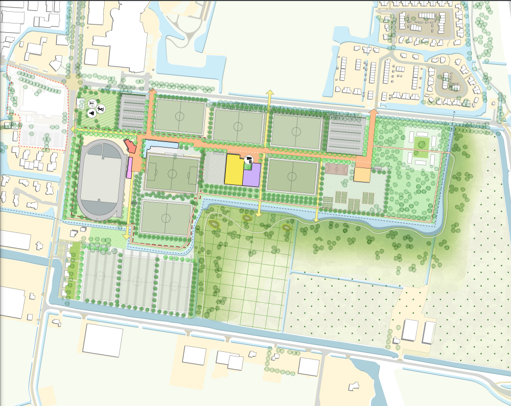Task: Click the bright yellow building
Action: pos(234,170)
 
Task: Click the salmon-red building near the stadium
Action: pos(131,147)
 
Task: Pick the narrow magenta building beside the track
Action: pos(130,167)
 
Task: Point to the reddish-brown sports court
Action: pos(337,168)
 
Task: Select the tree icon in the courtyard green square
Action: pos(421,144)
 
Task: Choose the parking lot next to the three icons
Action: pos(132,112)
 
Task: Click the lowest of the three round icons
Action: pos(92,113)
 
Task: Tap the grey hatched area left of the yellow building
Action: pos(214,168)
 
